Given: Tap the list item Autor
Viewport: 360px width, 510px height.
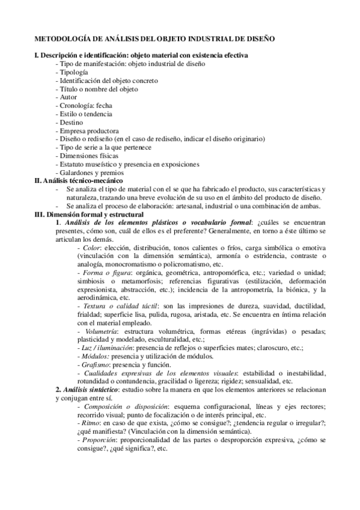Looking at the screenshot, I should [x=69, y=97].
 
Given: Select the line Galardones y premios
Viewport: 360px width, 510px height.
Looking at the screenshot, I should [x=90, y=172].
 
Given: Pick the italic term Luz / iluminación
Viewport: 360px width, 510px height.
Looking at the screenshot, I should [x=105, y=348].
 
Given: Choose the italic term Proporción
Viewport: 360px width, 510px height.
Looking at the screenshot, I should [x=99, y=440].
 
